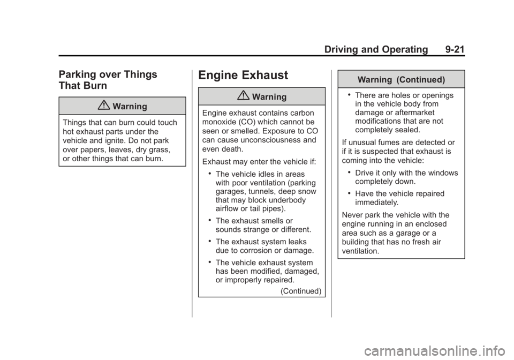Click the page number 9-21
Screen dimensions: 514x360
point(455,49)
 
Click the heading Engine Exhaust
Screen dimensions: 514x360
point(243,75)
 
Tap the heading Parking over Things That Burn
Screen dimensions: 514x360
point(108,80)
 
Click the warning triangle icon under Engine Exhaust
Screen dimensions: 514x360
point(244,96)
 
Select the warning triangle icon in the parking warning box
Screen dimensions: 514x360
point(104,105)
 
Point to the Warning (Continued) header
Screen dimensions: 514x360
point(401,80)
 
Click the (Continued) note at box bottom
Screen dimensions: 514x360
point(301,291)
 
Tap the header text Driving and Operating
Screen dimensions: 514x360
point(376,49)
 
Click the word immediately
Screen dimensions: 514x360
point(376,202)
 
